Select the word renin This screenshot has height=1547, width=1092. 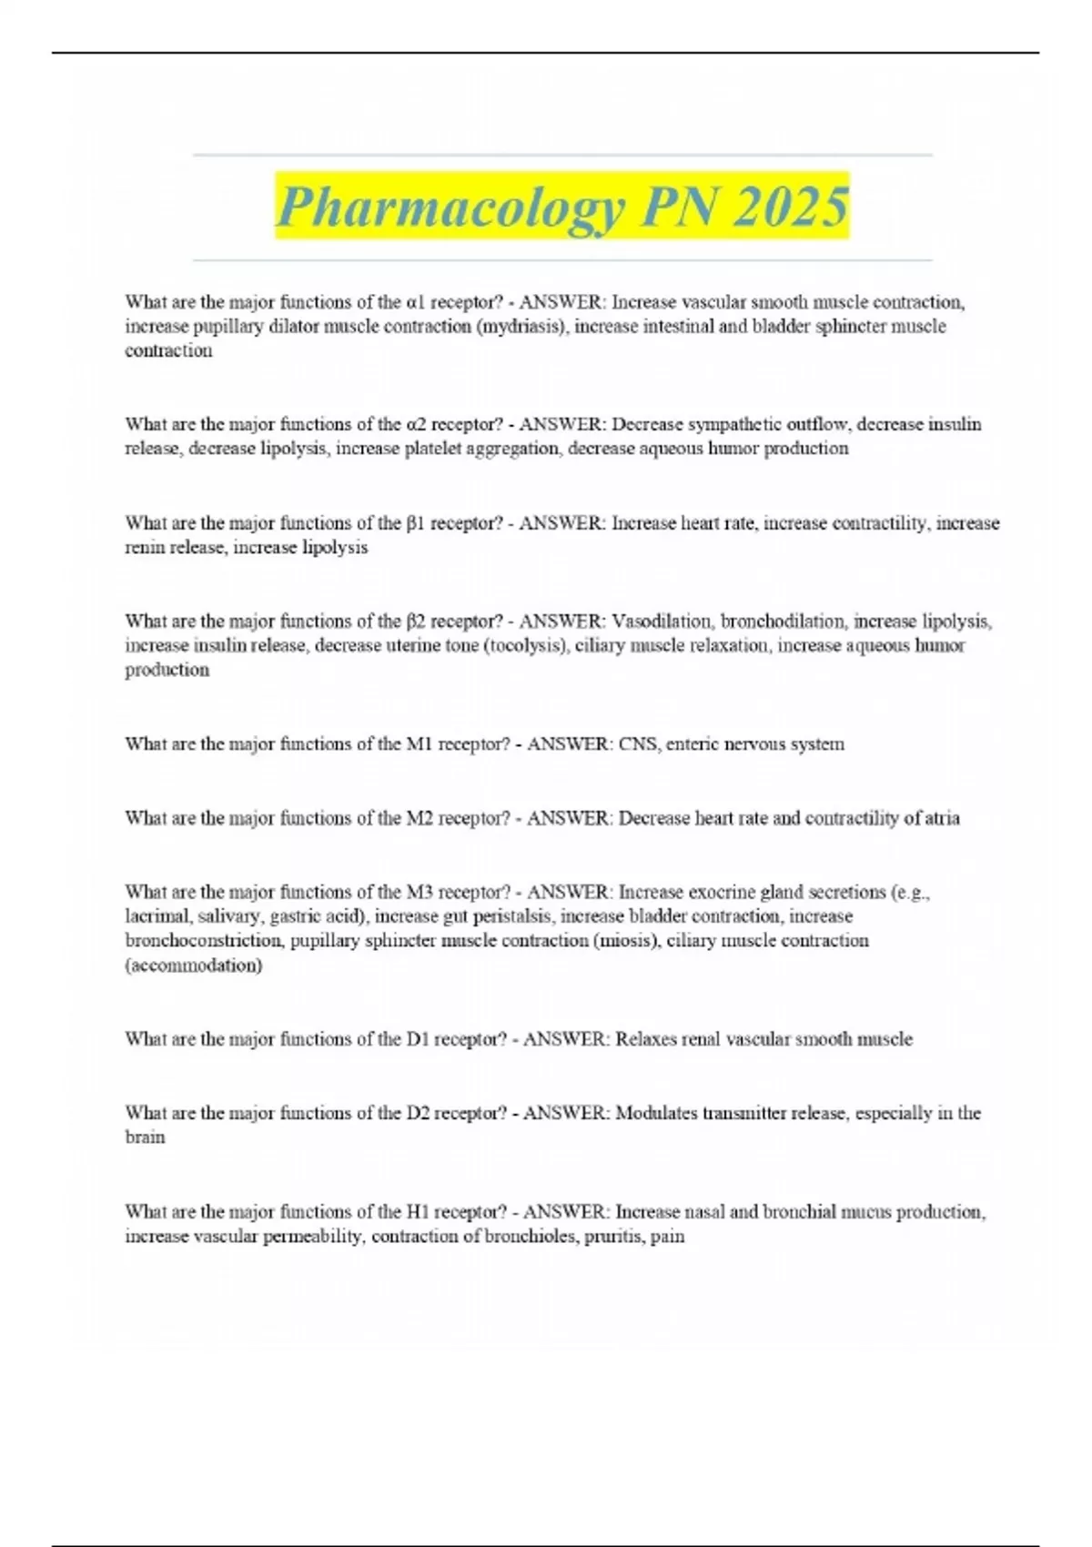pyautogui.click(x=145, y=548)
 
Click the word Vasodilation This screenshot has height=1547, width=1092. pyautogui.click(x=661, y=622)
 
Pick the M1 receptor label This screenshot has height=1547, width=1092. pyautogui.click(x=419, y=744)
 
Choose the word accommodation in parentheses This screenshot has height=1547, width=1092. pyautogui.click(x=194, y=966)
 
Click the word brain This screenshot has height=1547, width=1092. pyautogui.click(x=145, y=1137)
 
